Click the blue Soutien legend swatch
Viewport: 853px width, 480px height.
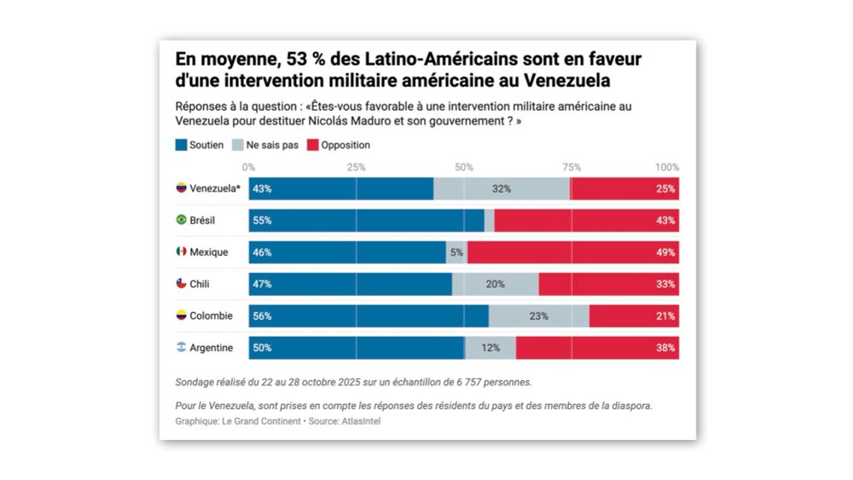[x=181, y=145]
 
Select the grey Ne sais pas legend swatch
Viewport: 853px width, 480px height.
[x=238, y=145]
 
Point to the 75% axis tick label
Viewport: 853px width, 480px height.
[x=572, y=167]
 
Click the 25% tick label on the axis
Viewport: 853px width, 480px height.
[x=356, y=167]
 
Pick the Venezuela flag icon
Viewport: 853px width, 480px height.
[x=181, y=188]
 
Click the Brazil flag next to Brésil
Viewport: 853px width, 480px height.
[x=181, y=220]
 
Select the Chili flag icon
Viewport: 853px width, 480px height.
[x=181, y=284]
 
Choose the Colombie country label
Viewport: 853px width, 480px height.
[x=211, y=315]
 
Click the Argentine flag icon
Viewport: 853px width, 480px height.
[x=181, y=348]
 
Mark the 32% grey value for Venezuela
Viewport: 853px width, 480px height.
[x=501, y=188]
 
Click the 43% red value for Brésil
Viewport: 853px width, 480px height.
[x=666, y=221]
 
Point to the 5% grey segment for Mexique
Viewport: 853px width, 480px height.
[x=456, y=252]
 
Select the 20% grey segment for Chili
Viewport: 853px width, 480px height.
[x=495, y=284]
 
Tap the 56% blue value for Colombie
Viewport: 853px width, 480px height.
[x=262, y=316]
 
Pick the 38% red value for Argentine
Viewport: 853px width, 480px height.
[x=666, y=348]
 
